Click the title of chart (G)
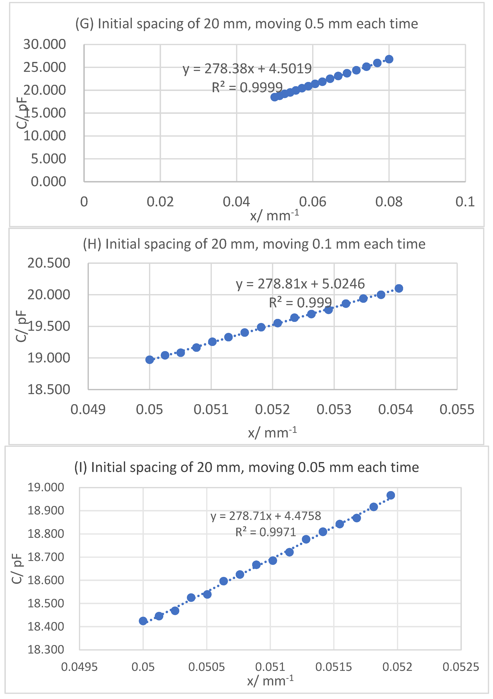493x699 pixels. click(x=247, y=24)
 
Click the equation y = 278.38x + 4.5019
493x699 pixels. click(x=247, y=69)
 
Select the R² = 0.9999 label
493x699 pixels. click(x=247, y=88)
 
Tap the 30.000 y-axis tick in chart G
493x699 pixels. click(x=44, y=44)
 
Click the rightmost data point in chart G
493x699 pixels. click(x=389, y=59)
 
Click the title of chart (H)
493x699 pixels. click(x=254, y=244)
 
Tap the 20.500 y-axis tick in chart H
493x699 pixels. click(x=49, y=263)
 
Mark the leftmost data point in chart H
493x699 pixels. click(x=150, y=360)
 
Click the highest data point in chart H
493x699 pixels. click(x=399, y=288)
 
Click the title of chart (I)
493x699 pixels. click(x=247, y=467)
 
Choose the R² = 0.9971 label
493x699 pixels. click(x=266, y=532)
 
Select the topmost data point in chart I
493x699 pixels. click(x=391, y=495)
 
